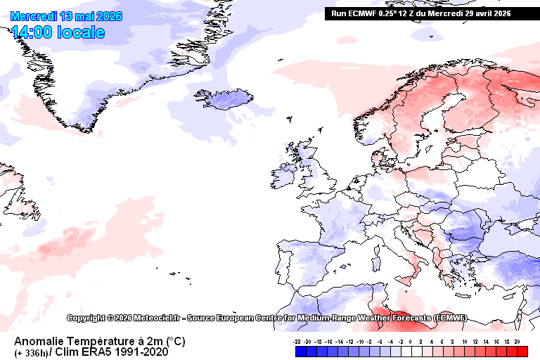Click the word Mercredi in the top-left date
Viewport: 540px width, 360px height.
[x=32, y=16]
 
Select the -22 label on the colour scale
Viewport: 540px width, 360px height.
[x=298, y=340]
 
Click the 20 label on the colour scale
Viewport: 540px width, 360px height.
[x=517, y=340]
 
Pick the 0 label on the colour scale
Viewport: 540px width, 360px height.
[x=410, y=340]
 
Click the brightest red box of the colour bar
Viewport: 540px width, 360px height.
[x=522, y=350]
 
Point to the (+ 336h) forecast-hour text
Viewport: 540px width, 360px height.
[x=30, y=352]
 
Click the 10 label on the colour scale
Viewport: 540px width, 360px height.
[x=465, y=340]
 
